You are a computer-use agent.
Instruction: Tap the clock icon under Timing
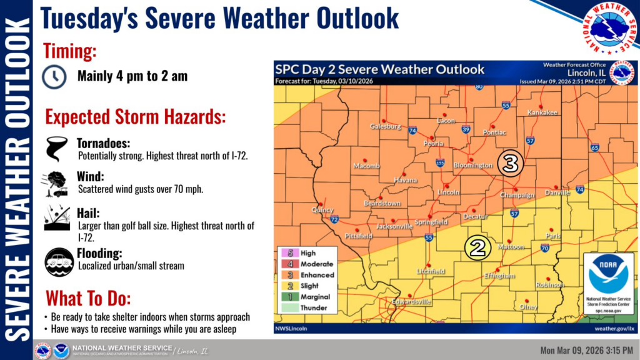54,76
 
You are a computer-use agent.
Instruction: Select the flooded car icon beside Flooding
59,262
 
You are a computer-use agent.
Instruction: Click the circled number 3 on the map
510,164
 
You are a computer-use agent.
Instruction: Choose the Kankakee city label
542,112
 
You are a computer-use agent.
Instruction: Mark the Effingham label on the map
499,276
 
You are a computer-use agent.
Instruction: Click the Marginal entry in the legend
315,297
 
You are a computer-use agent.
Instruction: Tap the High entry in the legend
308,253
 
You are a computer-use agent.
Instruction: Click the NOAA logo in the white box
607,274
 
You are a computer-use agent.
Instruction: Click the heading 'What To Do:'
87,297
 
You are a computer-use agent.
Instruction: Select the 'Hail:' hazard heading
88,213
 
